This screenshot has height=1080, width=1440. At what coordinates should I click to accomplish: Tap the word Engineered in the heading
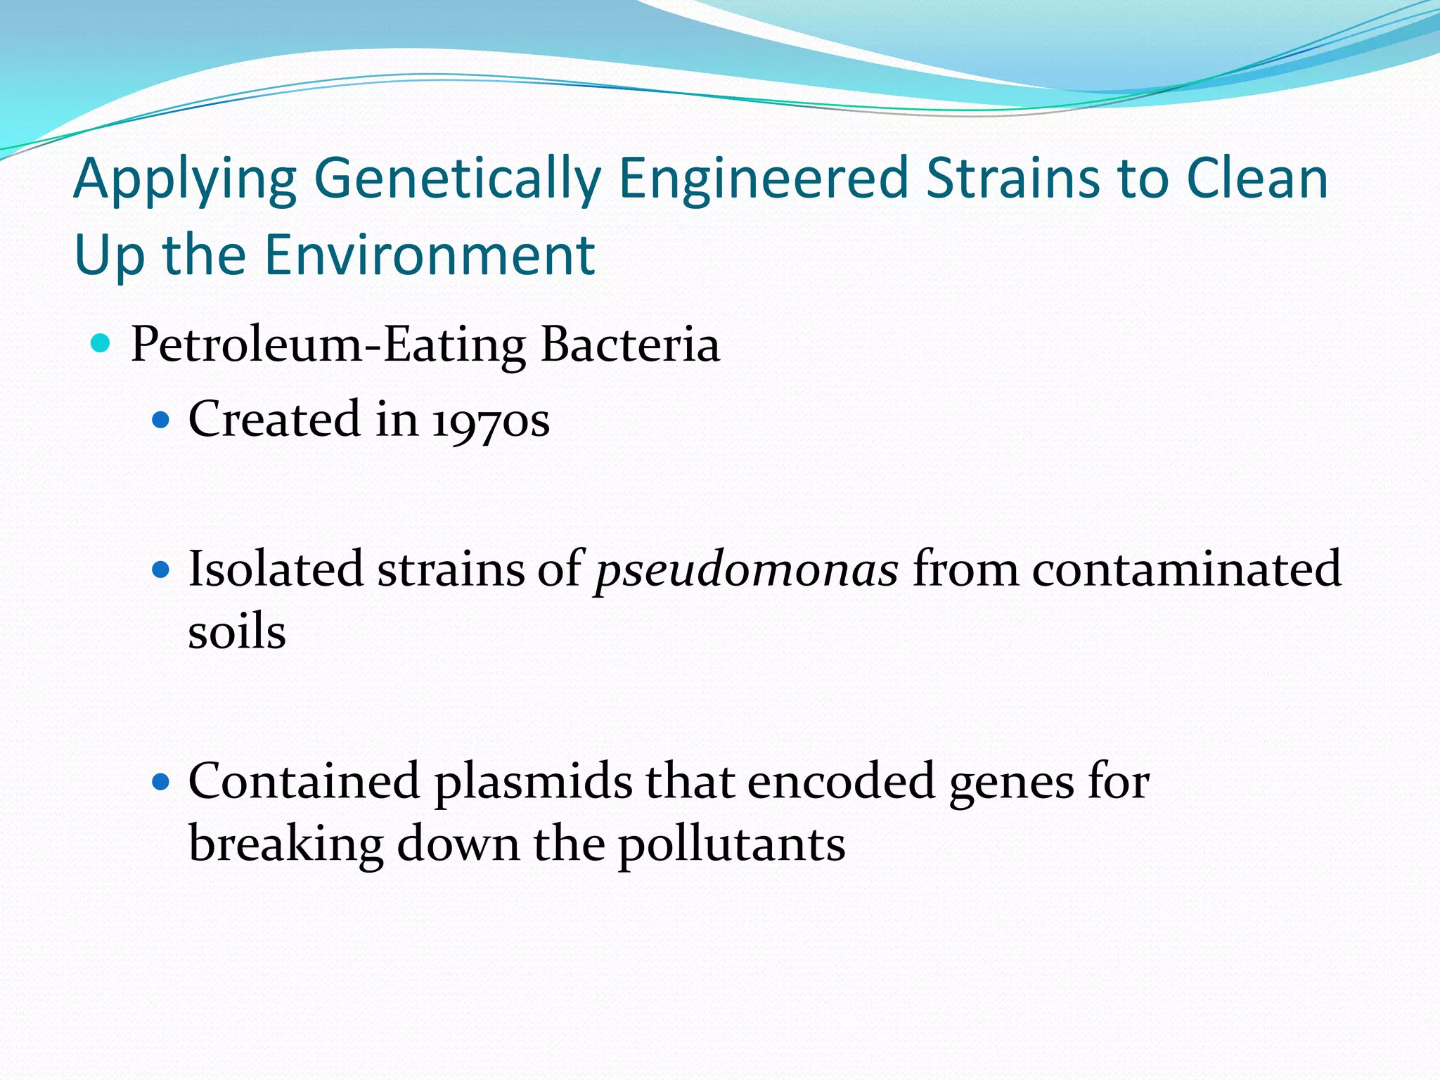[x=764, y=179]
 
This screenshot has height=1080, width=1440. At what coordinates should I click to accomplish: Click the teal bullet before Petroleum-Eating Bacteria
[x=101, y=344]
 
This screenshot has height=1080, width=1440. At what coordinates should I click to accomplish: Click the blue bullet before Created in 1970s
[x=161, y=420]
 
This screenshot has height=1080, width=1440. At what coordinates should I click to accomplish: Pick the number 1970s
[x=490, y=421]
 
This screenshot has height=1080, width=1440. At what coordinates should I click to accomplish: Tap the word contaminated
[x=1186, y=569]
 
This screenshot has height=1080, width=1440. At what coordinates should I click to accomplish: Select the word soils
[x=237, y=631]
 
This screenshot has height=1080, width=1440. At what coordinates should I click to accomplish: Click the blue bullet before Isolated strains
[x=161, y=570]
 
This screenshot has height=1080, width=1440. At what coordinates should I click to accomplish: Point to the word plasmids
[x=533, y=783]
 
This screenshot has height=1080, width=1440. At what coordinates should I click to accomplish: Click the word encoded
[x=840, y=781]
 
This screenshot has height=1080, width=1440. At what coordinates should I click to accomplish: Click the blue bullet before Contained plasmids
[x=161, y=782]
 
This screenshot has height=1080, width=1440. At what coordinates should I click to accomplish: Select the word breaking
[x=285, y=844]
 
